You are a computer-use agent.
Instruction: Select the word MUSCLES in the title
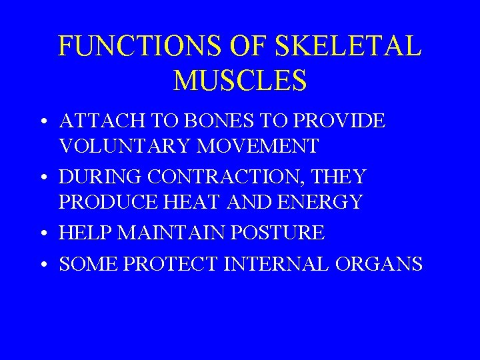pyautogui.click(x=240, y=80)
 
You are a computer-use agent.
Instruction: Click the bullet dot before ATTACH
pyautogui.click(x=42, y=123)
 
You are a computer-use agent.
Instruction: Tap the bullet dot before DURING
pyautogui.click(x=42, y=179)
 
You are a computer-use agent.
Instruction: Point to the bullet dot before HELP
pyautogui.click(x=42, y=235)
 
